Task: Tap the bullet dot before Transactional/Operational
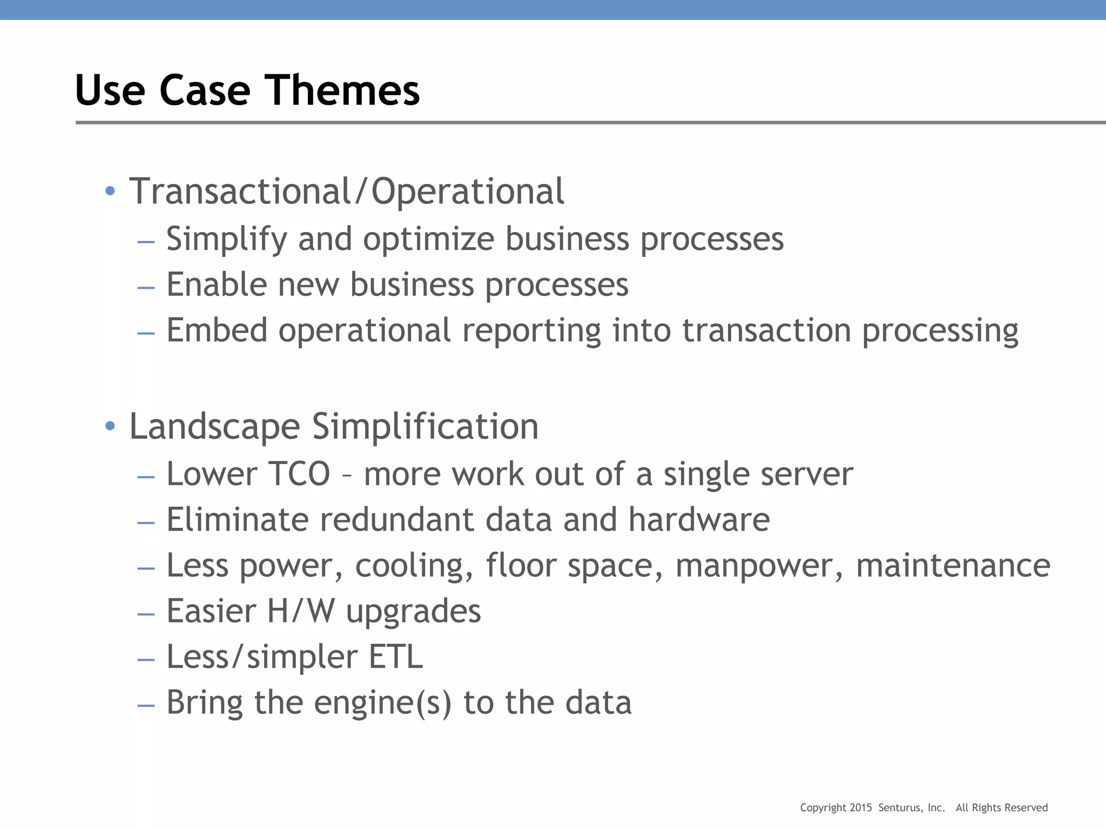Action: [x=110, y=191]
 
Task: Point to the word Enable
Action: [x=217, y=284]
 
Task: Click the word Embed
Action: [x=217, y=330]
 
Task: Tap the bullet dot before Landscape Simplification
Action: [x=110, y=426]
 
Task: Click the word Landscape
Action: [x=214, y=426]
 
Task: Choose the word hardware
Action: [x=699, y=519]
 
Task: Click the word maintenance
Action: [x=953, y=566]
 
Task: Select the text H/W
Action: [x=301, y=611]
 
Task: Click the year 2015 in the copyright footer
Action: [x=861, y=808]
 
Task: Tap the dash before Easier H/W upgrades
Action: [x=146, y=614]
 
